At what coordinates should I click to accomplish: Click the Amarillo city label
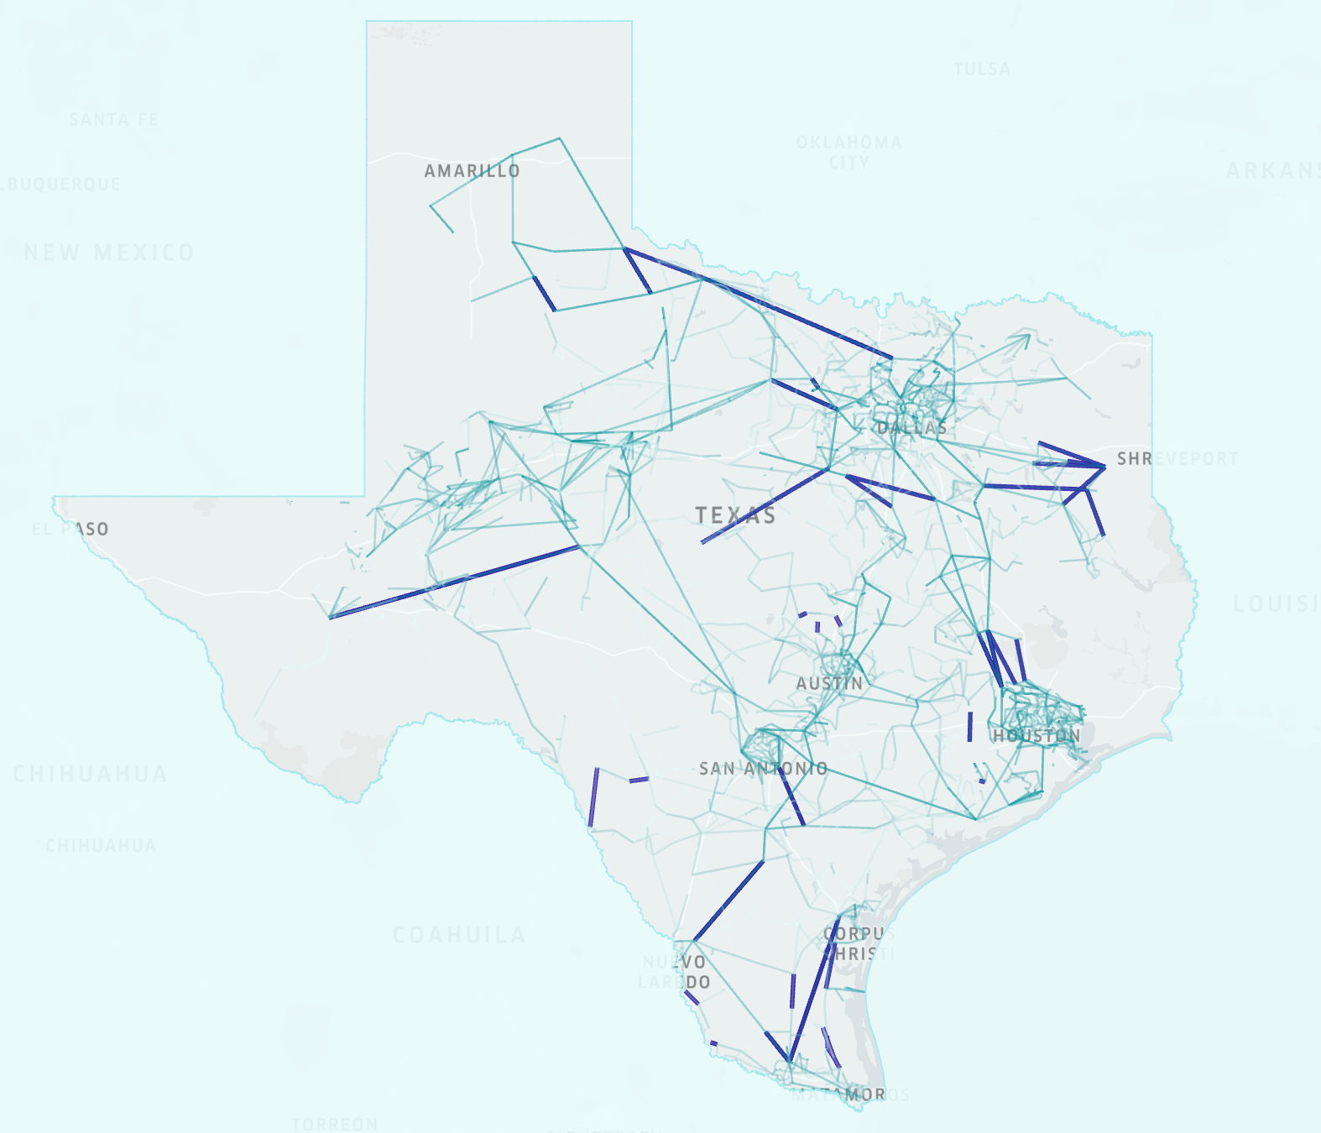coord(472,171)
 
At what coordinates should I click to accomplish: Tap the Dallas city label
coord(911,428)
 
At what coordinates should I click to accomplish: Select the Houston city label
coord(1036,736)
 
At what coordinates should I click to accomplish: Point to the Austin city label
coord(829,684)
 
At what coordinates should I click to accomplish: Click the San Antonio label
coord(763,769)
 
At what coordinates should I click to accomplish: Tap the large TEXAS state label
coord(735,515)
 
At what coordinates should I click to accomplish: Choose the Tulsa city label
coord(982,69)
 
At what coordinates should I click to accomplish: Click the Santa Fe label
coord(113,119)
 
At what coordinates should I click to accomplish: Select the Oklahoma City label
coord(849,152)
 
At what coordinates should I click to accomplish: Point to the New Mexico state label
coord(109,253)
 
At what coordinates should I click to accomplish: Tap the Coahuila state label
coord(459,935)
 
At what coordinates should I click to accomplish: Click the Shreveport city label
coord(1177,459)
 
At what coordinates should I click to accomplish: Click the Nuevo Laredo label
coord(675,972)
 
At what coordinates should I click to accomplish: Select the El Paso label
coord(70,529)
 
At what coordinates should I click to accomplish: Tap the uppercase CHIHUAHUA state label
coord(90,774)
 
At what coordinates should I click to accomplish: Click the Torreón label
coord(334,1124)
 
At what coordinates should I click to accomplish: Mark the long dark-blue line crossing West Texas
coord(454,581)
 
